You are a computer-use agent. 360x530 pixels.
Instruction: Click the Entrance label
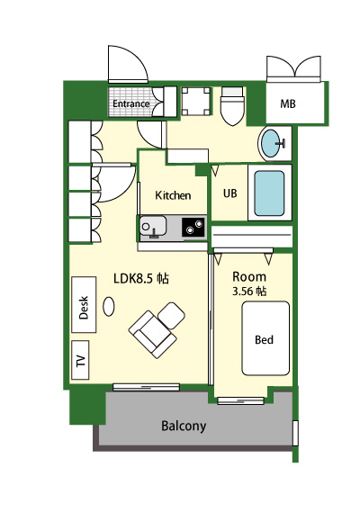pos(130,103)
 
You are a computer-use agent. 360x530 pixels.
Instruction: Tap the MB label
pos(288,103)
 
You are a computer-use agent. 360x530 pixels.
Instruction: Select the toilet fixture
pos(232,106)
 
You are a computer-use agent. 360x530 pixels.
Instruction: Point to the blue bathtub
pos(269,193)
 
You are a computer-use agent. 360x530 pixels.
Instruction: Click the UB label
pos(229,193)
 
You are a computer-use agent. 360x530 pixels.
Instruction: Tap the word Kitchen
pos(173,195)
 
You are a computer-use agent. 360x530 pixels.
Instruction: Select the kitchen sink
pos(153,226)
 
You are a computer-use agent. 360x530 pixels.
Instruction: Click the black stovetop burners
pos(193,227)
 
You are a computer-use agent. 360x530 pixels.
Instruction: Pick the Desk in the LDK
pos(84,304)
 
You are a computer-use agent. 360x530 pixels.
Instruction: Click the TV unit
pos(80,360)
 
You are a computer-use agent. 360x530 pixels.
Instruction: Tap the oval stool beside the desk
pos(109,307)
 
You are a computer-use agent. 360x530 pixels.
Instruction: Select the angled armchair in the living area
pos(152,334)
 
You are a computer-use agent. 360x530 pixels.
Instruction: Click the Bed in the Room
pos(265,338)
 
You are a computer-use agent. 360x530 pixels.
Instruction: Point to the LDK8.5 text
pos(134,278)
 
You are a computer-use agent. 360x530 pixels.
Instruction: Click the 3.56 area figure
pos(243,292)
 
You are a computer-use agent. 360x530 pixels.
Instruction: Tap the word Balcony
pos(184,426)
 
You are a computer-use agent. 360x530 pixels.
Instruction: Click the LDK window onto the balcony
pos(146,387)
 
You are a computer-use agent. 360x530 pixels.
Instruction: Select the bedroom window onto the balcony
pos(240,401)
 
